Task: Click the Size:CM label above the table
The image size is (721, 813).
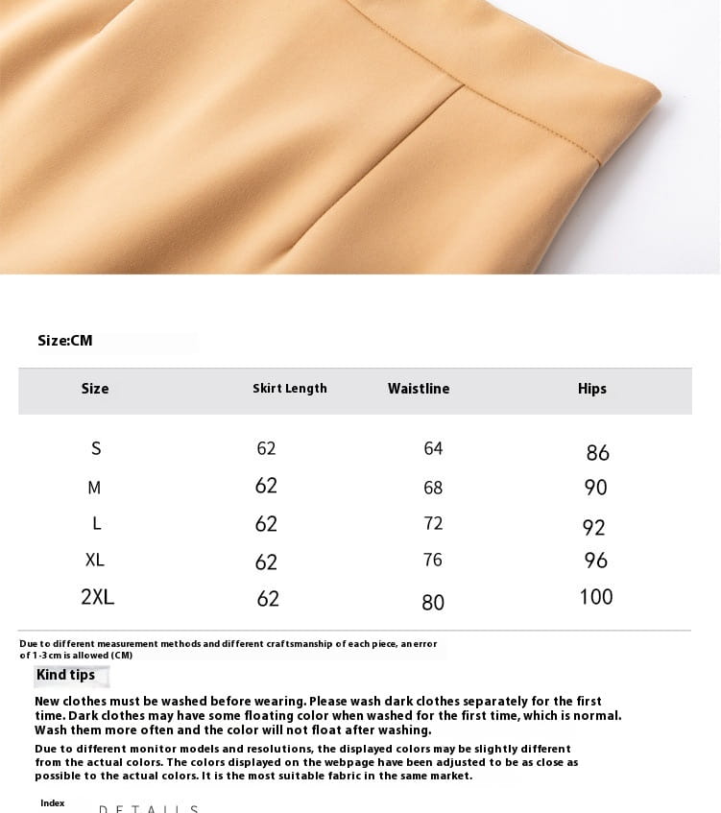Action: click(65, 341)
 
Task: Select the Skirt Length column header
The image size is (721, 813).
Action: click(290, 389)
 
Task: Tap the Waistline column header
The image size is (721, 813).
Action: click(419, 389)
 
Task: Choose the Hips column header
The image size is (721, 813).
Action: click(592, 389)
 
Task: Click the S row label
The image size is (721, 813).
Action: click(96, 448)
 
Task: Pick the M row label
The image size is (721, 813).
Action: click(94, 488)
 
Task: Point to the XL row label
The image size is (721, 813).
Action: click(95, 560)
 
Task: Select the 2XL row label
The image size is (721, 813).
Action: click(98, 597)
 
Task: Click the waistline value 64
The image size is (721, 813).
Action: click(433, 448)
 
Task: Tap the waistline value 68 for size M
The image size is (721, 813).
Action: click(433, 488)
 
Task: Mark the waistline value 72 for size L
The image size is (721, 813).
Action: click(433, 523)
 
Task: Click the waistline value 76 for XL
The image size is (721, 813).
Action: click(433, 560)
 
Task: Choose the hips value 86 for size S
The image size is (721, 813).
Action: click(597, 453)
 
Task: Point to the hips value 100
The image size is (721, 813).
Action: click(596, 597)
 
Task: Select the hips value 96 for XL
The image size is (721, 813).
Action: click(596, 561)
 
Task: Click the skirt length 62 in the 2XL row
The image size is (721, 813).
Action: click(268, 599)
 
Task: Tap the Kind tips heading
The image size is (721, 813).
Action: click(65, 675)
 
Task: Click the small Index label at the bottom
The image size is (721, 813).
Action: click(53, 803)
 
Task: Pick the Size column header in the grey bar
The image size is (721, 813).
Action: click(95, 389)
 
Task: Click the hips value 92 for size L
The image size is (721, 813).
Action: click(594, 528)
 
